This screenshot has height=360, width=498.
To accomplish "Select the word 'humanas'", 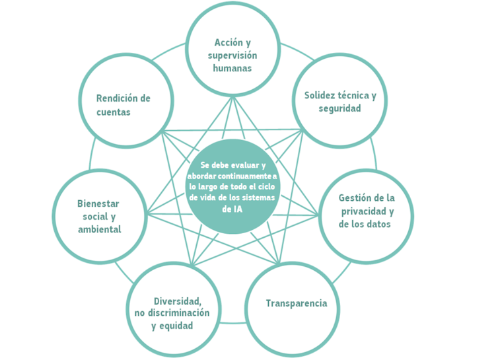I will point(232,68).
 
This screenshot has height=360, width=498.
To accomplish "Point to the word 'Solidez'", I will point(319,95).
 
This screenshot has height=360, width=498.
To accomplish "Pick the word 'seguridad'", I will point(339,108).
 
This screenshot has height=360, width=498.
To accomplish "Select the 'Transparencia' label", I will point(296,303).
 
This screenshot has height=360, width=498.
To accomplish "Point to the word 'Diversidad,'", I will point(178,301).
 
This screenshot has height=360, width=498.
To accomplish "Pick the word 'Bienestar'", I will point(98,203).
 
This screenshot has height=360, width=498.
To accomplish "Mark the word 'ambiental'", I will point(100,229).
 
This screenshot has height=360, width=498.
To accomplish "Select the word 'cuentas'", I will point(114,112).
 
